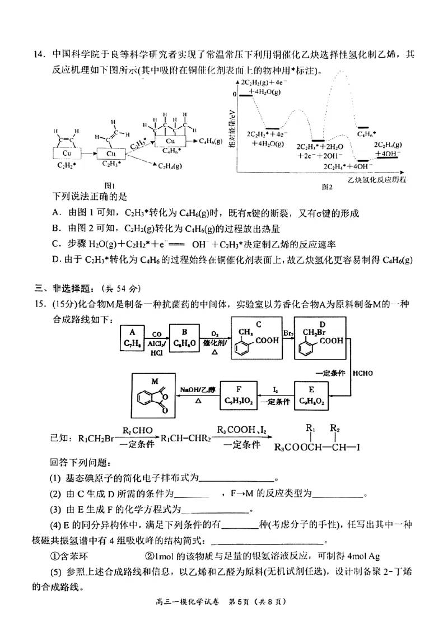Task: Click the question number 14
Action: pos(39,54)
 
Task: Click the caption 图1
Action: pos(110,185)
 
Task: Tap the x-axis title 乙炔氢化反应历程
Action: pos(376,180)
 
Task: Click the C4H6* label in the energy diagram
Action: pos(367,134)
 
